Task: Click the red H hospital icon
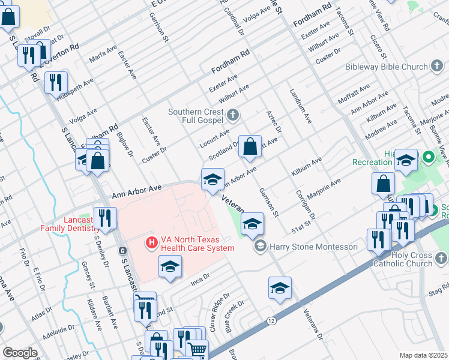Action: (152, 243)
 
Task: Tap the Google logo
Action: (20, 352)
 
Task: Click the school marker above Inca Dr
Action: (170, 267)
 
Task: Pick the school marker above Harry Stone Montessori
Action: (253, 224)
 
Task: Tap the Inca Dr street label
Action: (199, 278)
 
